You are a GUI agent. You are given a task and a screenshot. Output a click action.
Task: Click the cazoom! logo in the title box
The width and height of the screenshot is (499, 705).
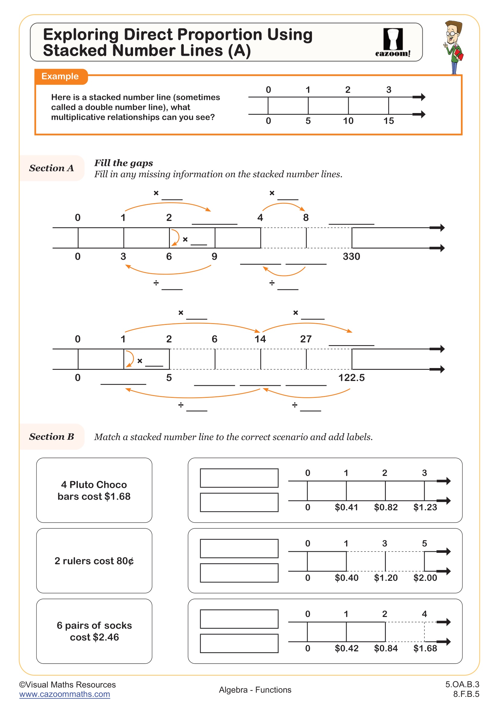point(393,42)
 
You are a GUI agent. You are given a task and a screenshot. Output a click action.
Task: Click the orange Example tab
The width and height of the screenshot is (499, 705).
point(60,77)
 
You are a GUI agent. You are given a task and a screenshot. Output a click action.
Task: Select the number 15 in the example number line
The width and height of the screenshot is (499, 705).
point(388,121)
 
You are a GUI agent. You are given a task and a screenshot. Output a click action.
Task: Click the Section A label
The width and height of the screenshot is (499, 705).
point(51,168)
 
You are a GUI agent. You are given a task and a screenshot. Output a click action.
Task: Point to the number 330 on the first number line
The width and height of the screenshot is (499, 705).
point(351,257)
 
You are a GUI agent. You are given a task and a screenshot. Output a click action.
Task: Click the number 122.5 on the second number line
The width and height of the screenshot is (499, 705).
point(351,378)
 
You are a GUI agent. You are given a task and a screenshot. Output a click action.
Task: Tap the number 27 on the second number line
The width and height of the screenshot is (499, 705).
point(306,339)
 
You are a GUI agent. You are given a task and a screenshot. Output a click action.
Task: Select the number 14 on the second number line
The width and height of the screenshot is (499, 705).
point(260,339)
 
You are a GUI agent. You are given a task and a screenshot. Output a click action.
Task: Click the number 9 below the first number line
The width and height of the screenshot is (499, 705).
point(214,257)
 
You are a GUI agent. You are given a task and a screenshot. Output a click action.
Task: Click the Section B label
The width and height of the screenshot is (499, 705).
point(51,437)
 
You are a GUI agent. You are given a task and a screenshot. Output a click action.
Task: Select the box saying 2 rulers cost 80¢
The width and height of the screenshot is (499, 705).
point(94,561)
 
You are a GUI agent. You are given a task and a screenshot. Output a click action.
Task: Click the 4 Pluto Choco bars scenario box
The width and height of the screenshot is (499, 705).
point(94,490)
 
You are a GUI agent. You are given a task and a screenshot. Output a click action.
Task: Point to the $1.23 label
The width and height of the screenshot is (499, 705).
point(425,507)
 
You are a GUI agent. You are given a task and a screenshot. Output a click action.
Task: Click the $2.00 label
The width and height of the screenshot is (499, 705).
point(425,578)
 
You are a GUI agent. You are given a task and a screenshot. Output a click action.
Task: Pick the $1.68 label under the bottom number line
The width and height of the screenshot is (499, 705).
point(425,648)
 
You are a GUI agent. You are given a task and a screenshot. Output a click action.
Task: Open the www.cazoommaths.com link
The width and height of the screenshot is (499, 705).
point(65,694)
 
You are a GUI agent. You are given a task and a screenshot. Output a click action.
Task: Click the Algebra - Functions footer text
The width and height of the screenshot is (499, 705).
point(255,690)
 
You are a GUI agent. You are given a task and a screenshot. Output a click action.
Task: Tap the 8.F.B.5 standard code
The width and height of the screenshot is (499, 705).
point(466,694)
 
